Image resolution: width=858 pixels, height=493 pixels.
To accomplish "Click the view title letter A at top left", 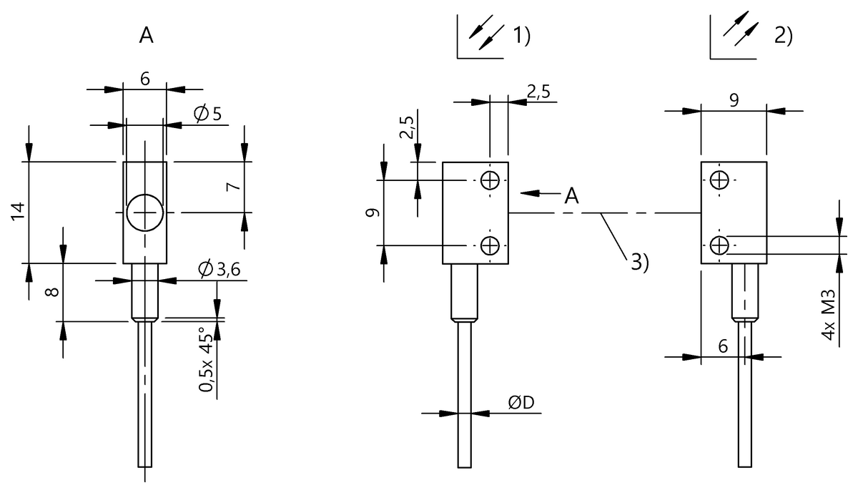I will (x=146, y=36).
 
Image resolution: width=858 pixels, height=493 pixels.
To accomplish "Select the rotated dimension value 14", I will (x=19, y=210).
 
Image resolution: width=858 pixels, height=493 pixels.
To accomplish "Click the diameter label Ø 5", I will (x=208, y=113).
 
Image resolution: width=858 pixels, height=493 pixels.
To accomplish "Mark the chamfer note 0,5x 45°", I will (x=206, y=360).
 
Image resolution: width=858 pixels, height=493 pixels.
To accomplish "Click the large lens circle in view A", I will (x=145, y=213).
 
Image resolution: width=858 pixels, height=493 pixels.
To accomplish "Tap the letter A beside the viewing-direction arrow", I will (x=571, y=195).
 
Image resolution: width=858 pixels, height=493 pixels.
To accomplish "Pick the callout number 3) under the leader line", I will (x=640, y=262).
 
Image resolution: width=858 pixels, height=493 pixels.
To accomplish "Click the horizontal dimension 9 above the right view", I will (x=734, y=101).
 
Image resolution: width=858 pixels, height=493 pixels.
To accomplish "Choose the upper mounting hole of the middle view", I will (x=490, y=180).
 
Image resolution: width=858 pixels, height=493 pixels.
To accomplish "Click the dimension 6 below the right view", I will (x=723, y=346).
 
